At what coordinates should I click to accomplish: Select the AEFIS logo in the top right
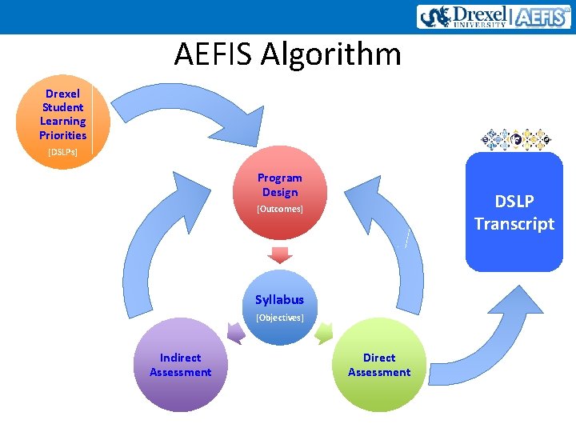[541, 17]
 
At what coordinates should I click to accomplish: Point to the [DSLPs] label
[62, 151]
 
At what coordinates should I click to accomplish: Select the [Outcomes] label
[279, 209]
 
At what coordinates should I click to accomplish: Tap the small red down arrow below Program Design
[279, 255]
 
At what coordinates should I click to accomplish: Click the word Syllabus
[279, 300]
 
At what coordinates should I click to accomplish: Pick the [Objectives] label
[279, 318]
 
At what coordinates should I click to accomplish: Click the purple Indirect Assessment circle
[180, 366]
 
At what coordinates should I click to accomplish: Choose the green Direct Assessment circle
[379, 366]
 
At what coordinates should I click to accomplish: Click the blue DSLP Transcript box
[514, 213]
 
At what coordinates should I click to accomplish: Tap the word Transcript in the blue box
[514, 224]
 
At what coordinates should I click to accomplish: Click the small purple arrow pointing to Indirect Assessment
[237, 332]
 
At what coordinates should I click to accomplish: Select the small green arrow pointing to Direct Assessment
[323, 332]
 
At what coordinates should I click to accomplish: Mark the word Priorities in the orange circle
[62, 135]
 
